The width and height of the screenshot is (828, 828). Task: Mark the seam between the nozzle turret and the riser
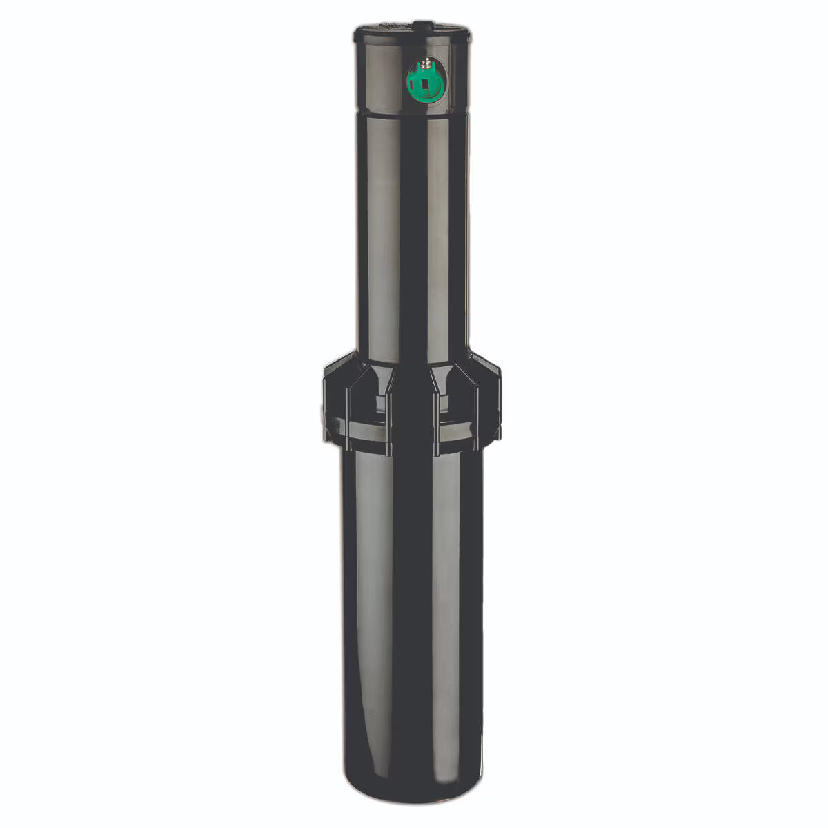pyautogui.click(x=413, y=110)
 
